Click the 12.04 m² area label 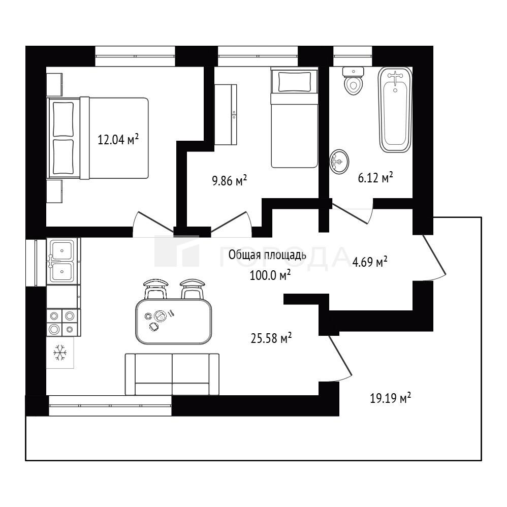pos(118,140)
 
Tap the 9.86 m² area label pos(229,180)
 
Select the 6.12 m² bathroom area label pos(375,177)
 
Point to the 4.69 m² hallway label pos(370,262)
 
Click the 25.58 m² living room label pos(271,338)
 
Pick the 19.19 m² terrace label pos(390,398)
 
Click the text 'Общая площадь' pos(267,255)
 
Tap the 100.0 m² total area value pos(270,275)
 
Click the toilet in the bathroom pos(354,80)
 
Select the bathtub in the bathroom pos(395,109)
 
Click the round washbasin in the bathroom pos(339,161)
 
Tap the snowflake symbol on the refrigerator pos(60,353)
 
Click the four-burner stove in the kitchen pos(64,323)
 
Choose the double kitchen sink pos(63,261)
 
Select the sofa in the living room pos(172,374)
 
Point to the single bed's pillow pos(295,81)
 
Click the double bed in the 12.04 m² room pos(98,138)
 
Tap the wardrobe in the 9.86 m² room pos(226,114)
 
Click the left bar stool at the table pos(155,289)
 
